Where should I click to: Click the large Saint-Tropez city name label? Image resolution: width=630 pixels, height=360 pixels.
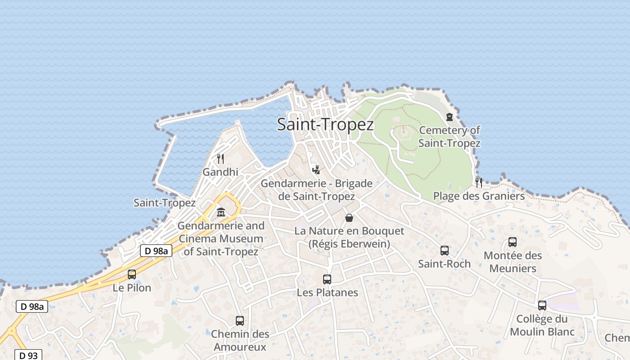pyautogui.click(x=325, y=124)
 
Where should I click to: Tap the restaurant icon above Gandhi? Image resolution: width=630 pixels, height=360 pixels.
pyautogui.click(x=220, y=159)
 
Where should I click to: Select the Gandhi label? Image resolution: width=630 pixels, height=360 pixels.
pyautogui.click(x=220, y=172)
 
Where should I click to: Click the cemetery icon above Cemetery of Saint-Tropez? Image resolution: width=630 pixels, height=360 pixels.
pyautogui.click(x=449, y=117)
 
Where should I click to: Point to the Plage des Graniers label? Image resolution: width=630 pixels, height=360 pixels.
pyautogui.click(x=479, y=196)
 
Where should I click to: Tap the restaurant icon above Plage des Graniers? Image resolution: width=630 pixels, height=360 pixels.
pyautogui.click(x=479, y=182)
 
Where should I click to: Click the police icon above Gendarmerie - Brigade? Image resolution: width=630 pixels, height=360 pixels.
pyautogui.click(x=316, y=170)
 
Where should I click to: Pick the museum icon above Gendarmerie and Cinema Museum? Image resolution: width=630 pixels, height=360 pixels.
pyautogui.click(x=221, y=212)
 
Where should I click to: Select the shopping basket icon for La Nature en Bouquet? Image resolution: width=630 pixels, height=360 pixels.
pyautogui.click(x=349, y=218)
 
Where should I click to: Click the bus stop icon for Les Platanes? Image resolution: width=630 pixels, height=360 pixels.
pyautogui.click(x=327, y=279)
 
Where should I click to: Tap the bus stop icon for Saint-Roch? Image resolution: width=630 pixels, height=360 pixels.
pyautogui.click(x=445, y=251)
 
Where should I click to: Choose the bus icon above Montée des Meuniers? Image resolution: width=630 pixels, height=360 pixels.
pyautogui.click(x=513, y=242)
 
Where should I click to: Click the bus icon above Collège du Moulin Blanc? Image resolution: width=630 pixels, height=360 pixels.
pyautogui.click(x=542, y=306)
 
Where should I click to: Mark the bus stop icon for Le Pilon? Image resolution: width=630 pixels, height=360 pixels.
pyautogui.click(x=132, y=274)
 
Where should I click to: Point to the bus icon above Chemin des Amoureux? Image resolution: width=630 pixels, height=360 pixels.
pyautogui.click(x=240, y=321)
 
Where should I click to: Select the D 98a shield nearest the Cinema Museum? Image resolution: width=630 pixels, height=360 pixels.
pyautogui.click(x=156, y=251)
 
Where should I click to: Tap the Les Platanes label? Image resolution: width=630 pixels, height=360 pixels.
pyautogui.click(x=327, y=292)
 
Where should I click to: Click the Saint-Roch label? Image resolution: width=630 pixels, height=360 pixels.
pyautogui.click(x=444, y=264)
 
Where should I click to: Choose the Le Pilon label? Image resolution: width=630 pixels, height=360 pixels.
pyautogui.click(x=132, y=288)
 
